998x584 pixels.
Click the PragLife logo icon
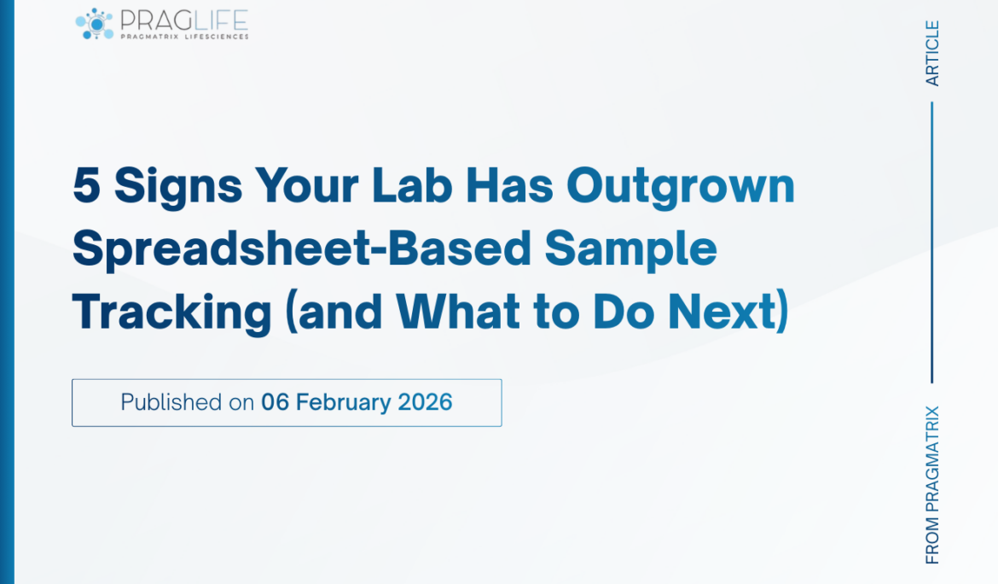[95, 23]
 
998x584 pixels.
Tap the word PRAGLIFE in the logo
[184, 19]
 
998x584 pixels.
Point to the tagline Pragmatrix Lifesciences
[184, 37]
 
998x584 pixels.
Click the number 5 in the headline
[86, 185]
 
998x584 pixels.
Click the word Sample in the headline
[631, 249]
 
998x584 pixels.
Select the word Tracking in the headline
[171, 313]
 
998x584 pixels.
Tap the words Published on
[187, 402]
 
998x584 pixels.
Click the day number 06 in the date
[276, 402]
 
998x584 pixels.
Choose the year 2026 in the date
[425, 402]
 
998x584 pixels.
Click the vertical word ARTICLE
[932, 53]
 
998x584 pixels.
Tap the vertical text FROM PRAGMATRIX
[932, 484]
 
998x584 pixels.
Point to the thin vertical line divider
[932, 242]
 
